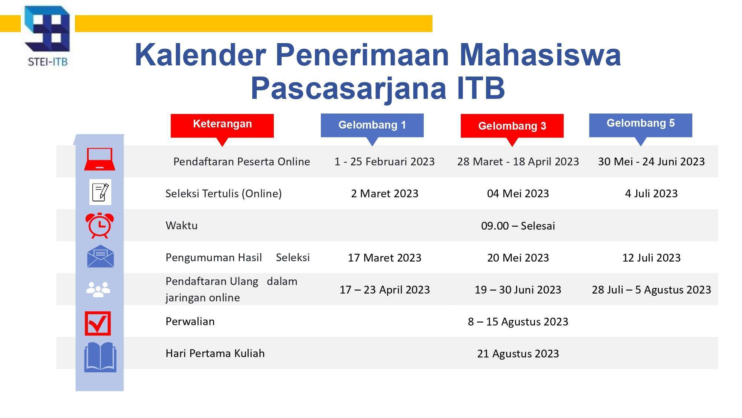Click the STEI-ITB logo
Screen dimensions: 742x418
[47, 36]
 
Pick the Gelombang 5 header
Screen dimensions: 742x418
[640, 126]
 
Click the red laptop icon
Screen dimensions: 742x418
[99, 159]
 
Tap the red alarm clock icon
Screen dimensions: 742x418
[99, 225]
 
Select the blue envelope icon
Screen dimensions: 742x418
[100, 256]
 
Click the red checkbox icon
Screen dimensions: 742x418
[98, 323]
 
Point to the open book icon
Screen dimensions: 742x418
[100, 357]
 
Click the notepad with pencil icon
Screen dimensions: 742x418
[100, 192]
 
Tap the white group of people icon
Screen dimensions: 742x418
[98, 289]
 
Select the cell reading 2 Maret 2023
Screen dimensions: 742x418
[385, 194]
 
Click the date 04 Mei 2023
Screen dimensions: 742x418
[518, 194]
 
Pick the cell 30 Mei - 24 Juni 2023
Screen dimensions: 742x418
[651, 162]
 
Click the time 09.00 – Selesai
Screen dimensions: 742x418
[518, 226]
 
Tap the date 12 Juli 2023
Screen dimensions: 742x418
[651, 258]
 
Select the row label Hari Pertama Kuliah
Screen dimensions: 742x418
[215, 353]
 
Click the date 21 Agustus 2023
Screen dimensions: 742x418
[518, 354]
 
